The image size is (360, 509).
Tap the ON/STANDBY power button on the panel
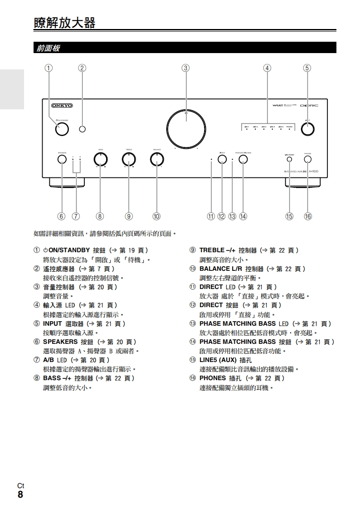click(62, 129)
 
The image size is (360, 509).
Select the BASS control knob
click(100, 159)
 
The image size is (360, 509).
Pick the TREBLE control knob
click(129, 159)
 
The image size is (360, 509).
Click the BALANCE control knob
click(157, 159)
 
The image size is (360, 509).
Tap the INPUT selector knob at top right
click(307, 129)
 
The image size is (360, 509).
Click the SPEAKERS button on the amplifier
click(62, 159)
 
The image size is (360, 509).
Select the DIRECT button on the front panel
click(222, 159)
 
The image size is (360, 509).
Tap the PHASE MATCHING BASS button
click(243, 159)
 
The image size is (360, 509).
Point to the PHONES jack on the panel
click(308, 159)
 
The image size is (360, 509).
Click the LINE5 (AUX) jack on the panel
click(289, 159)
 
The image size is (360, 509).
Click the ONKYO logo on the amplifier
click(62, 106)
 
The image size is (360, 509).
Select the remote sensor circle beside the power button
click(82, 129)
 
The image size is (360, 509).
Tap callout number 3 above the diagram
click(185, 68)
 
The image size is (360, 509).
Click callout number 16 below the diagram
click(308, 216)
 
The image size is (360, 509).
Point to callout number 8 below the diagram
click(100, 216)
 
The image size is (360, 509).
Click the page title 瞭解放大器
click(65, 23)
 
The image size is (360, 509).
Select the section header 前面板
click(48, 48)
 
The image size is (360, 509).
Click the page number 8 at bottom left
click(20, 494)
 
